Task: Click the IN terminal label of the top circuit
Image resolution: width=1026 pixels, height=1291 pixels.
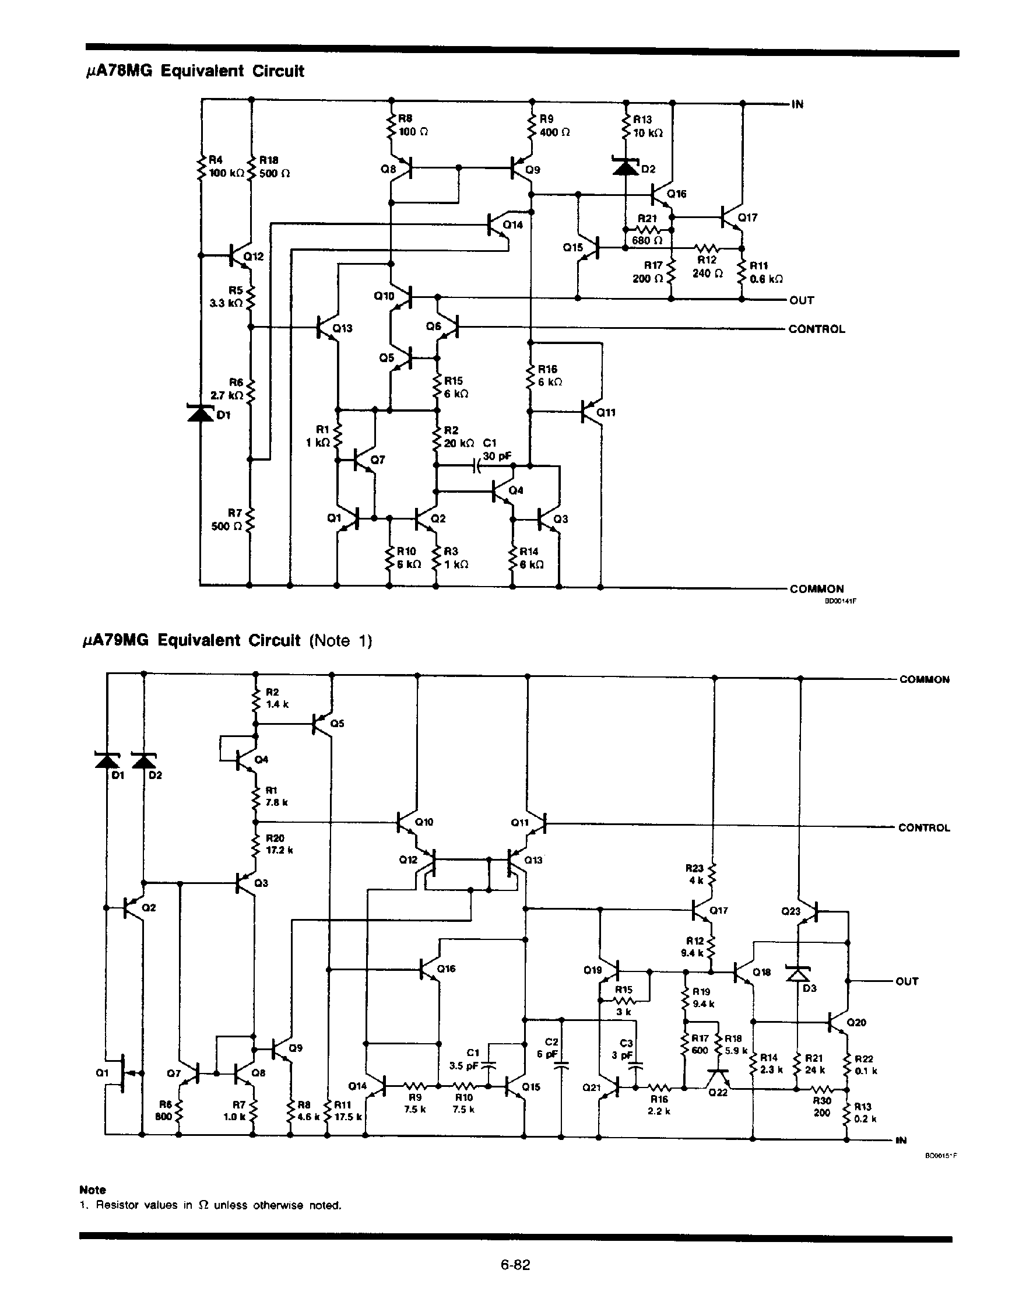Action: click(x=797, y=104)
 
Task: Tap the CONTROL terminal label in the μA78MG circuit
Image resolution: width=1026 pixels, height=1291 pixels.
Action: click(x=816, y=329)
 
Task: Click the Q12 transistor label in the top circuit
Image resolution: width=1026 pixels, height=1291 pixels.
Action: click(x=253, y=257)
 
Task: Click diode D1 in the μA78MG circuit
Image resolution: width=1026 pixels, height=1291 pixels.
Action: click(x=201, y=413)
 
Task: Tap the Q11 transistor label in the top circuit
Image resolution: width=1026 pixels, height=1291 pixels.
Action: click(x=606, y=413)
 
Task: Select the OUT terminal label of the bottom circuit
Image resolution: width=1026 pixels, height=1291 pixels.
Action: click(x=906, y=981)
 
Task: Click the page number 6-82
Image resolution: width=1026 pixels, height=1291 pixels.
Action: click(x=515, y=1265)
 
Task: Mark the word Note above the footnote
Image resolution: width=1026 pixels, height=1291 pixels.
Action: click(x=92, y=1189)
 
